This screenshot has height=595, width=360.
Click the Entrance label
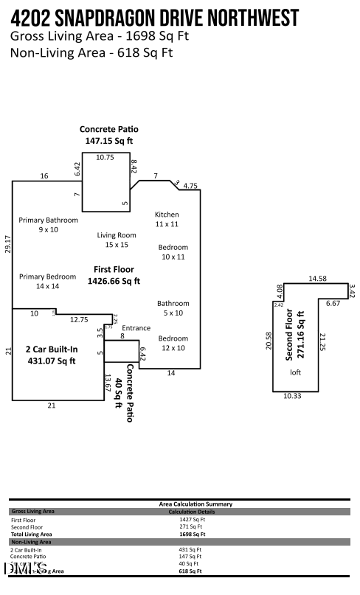click(136, 328)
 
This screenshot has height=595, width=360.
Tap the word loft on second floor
click(296, 372)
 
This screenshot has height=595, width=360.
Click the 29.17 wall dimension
click(7, 245)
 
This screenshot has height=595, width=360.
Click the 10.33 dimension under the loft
click(293, 396)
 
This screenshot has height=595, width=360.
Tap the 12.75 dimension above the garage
click(79, 319)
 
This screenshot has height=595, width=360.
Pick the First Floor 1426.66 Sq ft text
click(114, 275)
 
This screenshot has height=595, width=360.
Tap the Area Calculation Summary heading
click(195, 504)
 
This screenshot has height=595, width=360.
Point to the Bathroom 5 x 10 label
click(173, 308)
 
